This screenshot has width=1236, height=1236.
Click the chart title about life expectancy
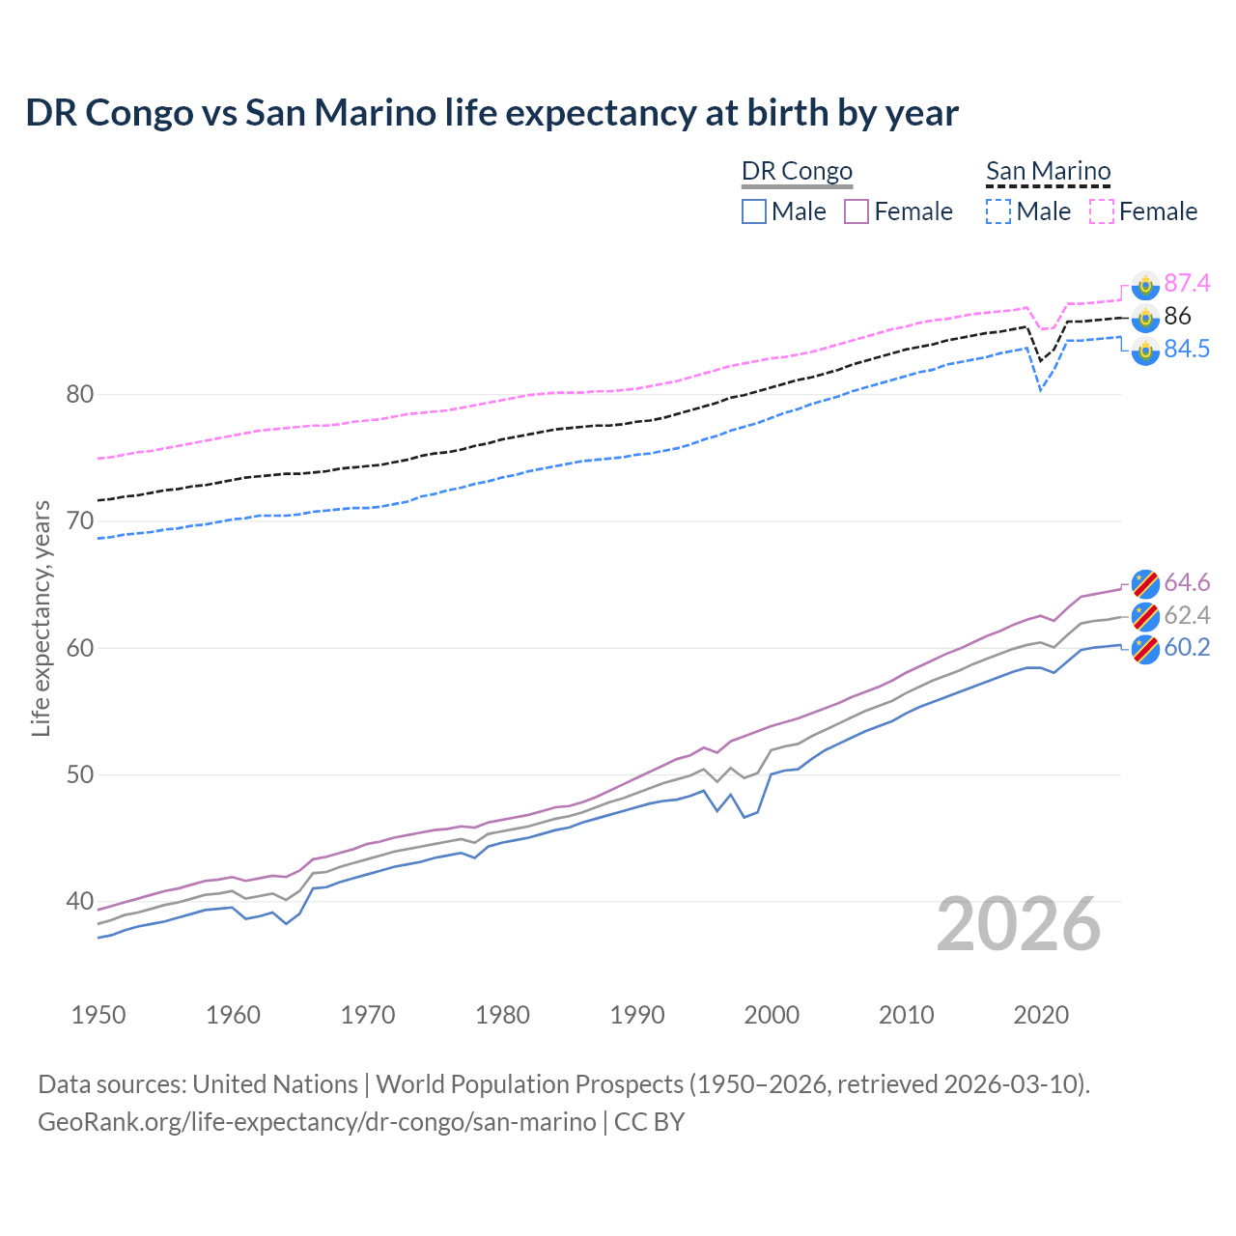[x=492, y=113]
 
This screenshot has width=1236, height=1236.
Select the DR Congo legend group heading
[x=797, y=171]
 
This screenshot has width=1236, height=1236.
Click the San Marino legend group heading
[x=1048, y=171]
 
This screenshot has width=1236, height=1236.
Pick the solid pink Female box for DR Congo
[x=857, y=211]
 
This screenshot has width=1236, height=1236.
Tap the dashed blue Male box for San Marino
[x=998, y=211]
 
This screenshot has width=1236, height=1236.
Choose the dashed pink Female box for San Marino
[x=1102, y=211]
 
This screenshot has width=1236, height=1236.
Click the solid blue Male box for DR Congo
[x=754, y=211]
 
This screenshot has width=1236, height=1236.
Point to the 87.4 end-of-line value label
[x=1187, y=283]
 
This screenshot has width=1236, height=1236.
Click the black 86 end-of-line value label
[x=1177, y=316]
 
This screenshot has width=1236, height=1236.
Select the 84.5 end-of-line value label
[x=1187, y=349]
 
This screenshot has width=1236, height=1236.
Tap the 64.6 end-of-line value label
[x=1187, y=582]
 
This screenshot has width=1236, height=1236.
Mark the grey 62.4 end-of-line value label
[x=1187, y=615]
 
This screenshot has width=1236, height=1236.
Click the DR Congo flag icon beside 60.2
[x=1145, y=648]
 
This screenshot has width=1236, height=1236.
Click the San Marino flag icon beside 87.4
[x=1145, y=284]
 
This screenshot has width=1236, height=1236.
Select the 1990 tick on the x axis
[x=637, y=1015]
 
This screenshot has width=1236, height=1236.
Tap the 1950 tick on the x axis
[x=98, y=1015]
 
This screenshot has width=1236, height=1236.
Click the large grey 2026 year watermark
[x=1019, y=925]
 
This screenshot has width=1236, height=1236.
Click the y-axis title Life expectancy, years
[x=41, y=618]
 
